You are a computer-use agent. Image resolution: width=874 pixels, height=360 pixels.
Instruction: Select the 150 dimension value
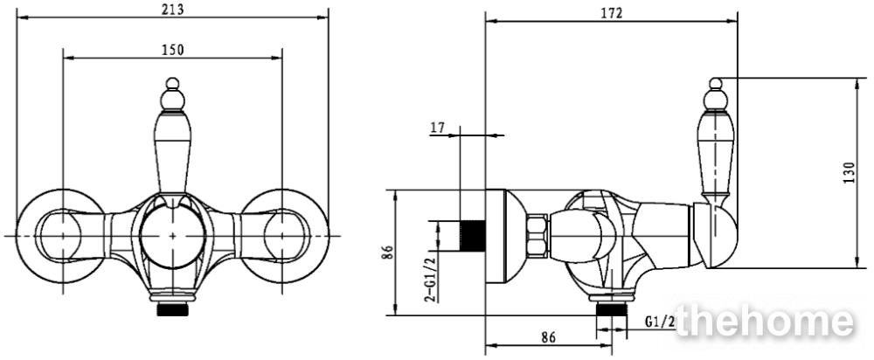tap(173, 50)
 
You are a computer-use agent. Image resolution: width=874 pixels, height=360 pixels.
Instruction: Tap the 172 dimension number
tap(612, 13)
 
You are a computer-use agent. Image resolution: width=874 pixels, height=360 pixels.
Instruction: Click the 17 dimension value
tap(437, 128)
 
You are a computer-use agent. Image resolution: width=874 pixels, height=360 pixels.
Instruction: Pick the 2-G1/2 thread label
tap(430, 277)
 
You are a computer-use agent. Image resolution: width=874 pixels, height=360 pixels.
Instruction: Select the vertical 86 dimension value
tap(390, 253)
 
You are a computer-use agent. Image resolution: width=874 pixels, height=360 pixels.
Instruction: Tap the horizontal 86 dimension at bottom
tap(549, 337)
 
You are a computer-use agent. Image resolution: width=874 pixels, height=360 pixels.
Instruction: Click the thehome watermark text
tap(764, 322)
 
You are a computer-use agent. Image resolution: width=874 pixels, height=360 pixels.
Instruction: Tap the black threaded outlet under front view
tap(173, 309)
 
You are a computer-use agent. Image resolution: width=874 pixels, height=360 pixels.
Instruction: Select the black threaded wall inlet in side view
tap(473, 235)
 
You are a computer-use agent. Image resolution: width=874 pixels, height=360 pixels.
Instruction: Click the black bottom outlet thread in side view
tap(612, 309)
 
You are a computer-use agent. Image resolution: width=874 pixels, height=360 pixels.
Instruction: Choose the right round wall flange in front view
tap(284, 236)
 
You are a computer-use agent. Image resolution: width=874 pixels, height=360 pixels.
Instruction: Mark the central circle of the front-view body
tap(173, 235)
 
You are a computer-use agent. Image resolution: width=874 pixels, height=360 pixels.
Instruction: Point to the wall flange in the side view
tap(504, 236)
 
